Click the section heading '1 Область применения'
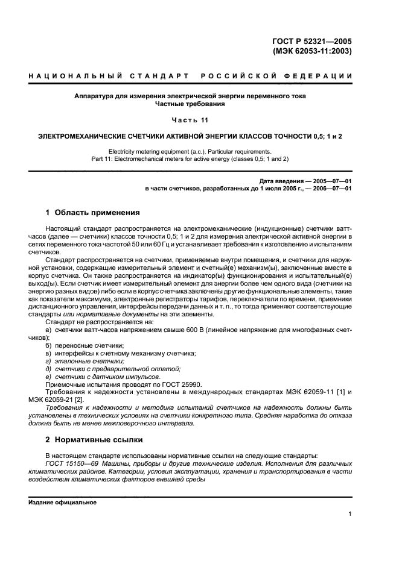click(93, 213)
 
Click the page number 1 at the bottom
click(350, 513)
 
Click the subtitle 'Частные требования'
click(190, 104)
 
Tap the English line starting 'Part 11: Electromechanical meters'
click(190, 159)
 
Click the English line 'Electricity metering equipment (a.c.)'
click(190, 151)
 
